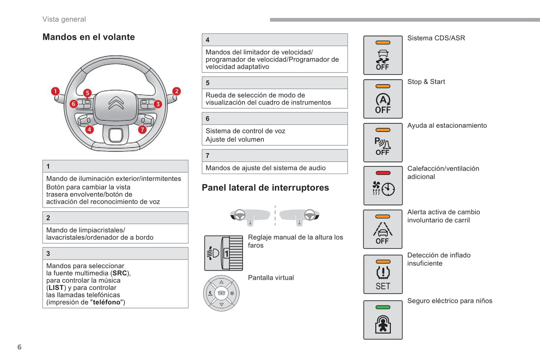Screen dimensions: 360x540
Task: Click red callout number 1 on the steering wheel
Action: (55, 91)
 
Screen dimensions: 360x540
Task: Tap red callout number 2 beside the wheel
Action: (176, 91)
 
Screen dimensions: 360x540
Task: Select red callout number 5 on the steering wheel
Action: (87, 93)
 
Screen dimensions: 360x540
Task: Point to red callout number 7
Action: (142, 130)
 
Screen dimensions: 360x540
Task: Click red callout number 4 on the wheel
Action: (89, 130)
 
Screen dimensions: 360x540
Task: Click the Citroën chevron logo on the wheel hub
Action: (116, 103)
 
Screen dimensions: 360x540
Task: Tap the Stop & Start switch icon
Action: (383, 99)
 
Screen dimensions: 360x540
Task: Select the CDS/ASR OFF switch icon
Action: (383, 55)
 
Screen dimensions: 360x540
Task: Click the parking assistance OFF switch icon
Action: (383, 143)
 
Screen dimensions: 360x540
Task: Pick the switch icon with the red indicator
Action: (383, 186)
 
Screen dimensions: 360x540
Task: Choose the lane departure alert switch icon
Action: (383, 229)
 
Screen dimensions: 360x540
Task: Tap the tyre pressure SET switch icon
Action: (383, 274)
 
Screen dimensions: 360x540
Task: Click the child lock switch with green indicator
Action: (383, 320)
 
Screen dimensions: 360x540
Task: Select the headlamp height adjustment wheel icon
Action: (223, 253)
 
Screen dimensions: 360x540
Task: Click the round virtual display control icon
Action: (221, 293)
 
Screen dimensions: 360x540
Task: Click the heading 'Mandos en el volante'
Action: (89, 37)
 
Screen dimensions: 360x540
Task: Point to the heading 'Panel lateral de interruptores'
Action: (265, 187)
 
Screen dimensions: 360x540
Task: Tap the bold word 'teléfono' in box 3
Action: (107, 302)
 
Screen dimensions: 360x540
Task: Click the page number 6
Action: (19, 347)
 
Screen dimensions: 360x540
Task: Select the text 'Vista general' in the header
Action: (64, 19)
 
